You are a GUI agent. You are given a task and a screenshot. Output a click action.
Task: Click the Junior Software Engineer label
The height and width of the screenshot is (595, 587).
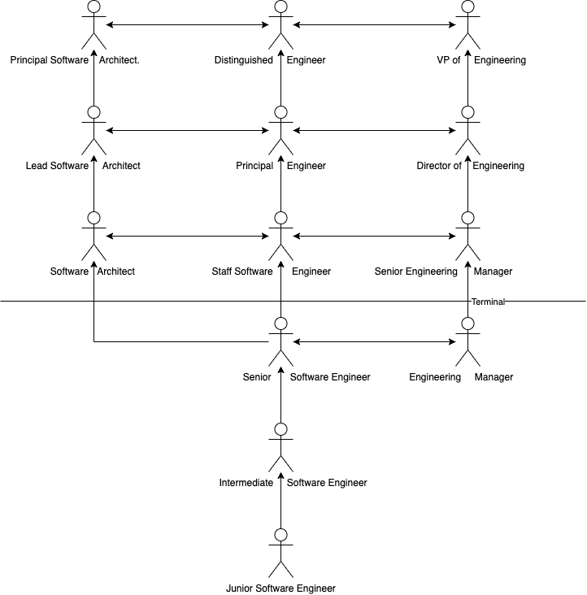(x=280, y=588)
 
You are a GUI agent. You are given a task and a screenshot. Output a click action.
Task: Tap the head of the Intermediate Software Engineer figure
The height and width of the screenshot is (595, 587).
(x=280, y=429)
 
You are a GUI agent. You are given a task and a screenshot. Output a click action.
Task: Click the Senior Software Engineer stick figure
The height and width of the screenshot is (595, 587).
(x=280, y=342)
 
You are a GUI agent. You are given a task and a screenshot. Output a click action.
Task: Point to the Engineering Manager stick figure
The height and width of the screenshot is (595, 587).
(x=467, y=342)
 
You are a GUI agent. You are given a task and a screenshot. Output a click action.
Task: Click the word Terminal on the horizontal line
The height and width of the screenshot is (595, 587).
(x=488, y=302)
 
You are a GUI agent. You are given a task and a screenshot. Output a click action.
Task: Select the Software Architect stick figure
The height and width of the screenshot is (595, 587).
(x=93, y=236)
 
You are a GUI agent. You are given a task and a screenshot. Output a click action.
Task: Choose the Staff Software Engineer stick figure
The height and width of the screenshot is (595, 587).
(x=280, y=236)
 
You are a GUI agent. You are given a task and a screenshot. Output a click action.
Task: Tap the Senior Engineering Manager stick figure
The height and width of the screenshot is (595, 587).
(x=467, y=236)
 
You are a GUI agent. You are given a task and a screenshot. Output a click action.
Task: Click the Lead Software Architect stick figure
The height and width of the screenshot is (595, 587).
(x=93, y=131)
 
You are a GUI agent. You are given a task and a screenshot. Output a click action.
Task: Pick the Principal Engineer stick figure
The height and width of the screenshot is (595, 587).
(x=280, y=131)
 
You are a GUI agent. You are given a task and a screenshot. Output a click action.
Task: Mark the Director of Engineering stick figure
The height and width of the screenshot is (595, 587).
(x=467, y=131)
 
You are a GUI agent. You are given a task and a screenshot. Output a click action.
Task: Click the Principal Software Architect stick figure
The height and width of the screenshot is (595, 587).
(x=93, y=24)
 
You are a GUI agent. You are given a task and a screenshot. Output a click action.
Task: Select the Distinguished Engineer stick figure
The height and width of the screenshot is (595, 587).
(x=280, y=24)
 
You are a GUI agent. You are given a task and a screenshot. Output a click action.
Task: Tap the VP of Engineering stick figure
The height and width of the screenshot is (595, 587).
(x=467, y=24)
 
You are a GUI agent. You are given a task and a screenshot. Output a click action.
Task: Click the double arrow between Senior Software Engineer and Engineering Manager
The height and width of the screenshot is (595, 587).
(x=375, y=342)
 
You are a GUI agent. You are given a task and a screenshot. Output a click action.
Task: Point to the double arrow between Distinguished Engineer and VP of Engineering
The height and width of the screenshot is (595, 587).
(x=375, y=24)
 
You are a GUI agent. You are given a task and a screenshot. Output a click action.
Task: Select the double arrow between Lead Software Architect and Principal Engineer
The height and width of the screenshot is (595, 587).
(x=188, y=131)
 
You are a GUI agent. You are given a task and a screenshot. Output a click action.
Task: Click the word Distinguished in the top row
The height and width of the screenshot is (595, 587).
(x=244, y=60)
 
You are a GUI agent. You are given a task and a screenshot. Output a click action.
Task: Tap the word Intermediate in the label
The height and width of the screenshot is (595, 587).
(x=246, y=483)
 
